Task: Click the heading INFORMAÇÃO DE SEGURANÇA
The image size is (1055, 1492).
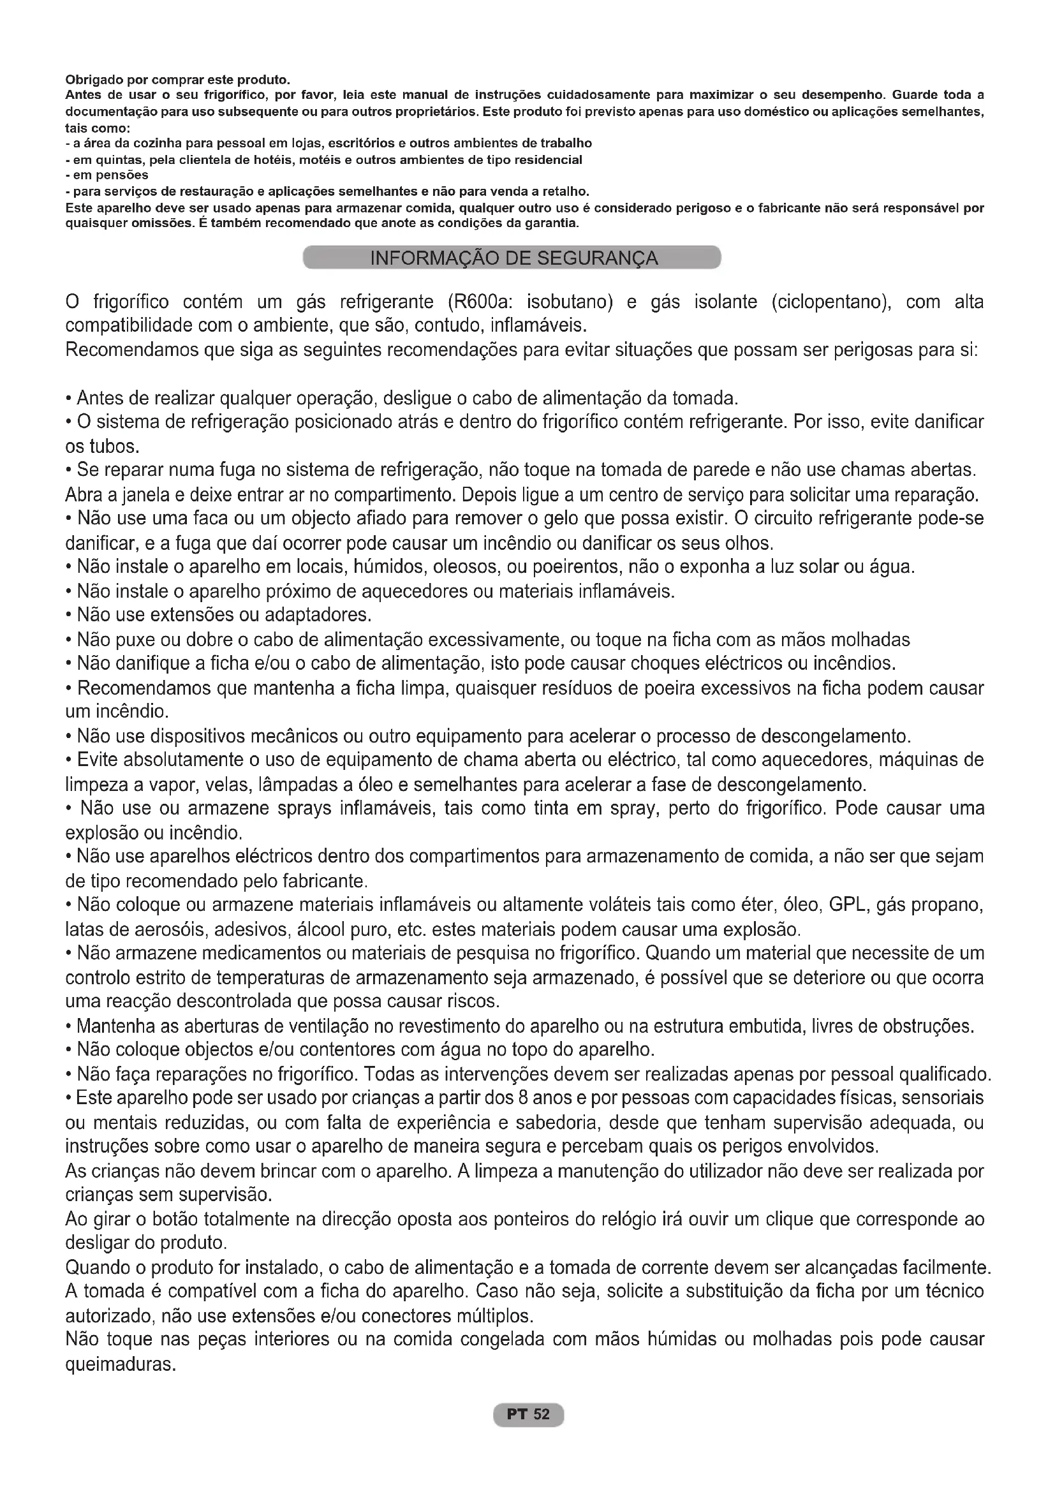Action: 513,258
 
